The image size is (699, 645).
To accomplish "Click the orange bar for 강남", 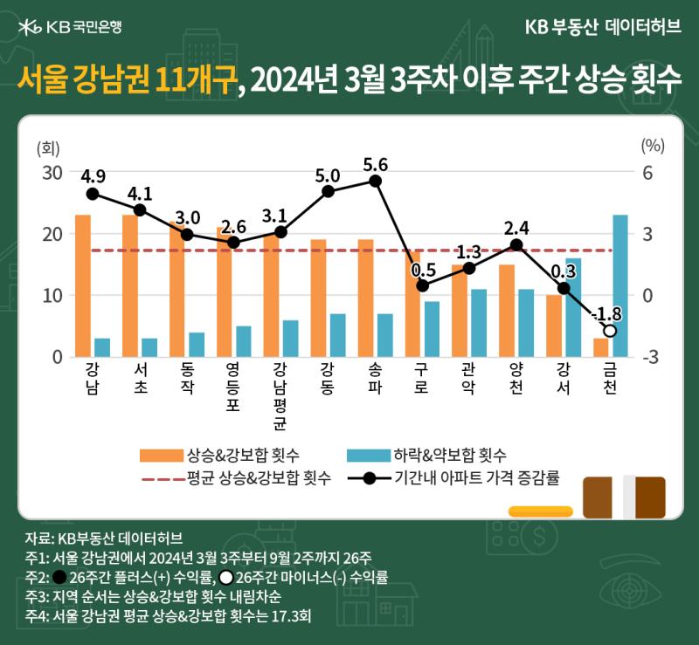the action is (83, 285).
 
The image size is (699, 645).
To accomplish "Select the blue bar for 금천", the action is (620, 285).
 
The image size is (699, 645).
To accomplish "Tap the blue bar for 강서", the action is (573, 307).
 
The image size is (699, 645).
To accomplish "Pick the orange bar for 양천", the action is (507, 311).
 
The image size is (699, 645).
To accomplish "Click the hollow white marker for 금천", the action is (610, 331).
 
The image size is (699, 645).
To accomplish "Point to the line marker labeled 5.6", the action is (376, 182).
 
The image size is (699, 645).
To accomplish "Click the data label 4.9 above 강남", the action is (93, 176).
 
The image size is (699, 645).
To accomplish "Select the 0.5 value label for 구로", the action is (424, 270).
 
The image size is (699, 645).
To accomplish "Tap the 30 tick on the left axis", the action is (52, 173).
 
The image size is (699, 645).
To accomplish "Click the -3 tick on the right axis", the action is (650, 357).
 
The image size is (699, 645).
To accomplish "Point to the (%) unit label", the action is (653, 146).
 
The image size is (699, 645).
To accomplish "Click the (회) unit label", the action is (48, 148).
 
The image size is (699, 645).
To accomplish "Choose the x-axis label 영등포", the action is (232, 386).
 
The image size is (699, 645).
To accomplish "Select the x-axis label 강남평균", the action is (280, 396).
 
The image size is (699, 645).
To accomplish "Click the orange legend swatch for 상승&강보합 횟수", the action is (162, 456).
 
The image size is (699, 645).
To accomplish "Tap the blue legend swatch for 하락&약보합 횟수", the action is (369, 456).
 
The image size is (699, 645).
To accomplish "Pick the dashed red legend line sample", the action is (163, 479).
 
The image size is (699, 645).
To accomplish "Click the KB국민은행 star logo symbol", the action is (30, 27).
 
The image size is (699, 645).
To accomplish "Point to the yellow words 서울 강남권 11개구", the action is (127, 79).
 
